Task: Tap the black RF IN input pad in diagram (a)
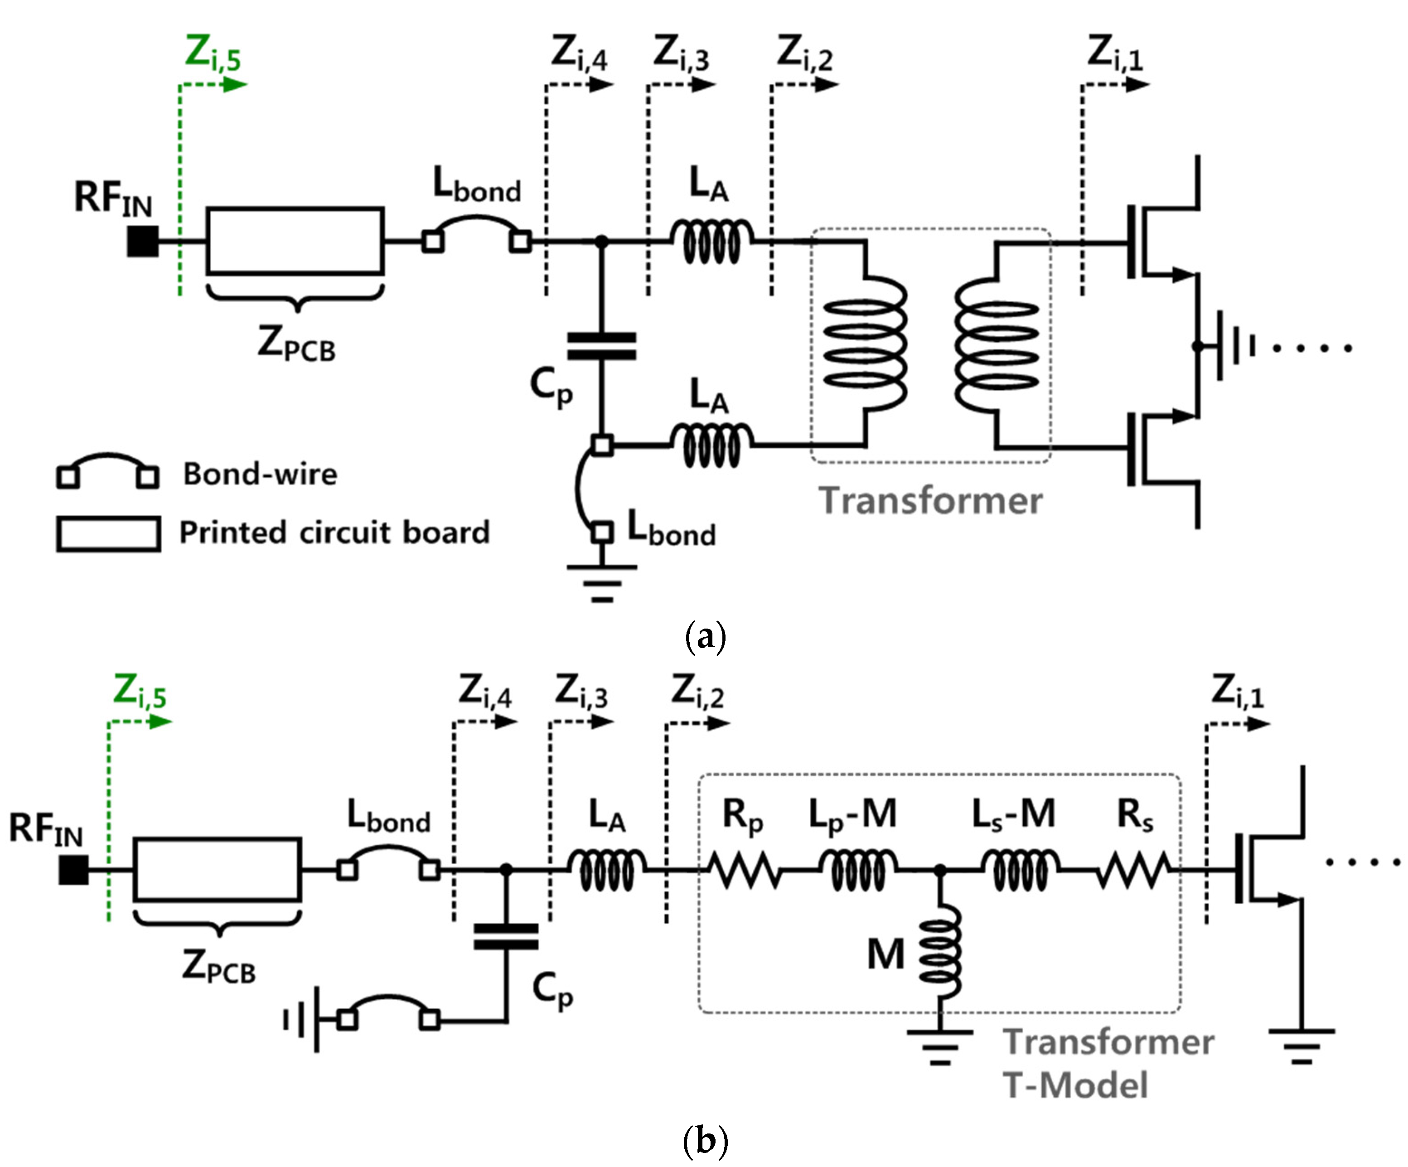[143, 241]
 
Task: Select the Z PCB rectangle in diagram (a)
[295, 241]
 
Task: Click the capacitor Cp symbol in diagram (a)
[601, 346]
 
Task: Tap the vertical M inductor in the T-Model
[940, 952]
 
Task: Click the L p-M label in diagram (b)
[852, 815]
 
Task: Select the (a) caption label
[705, 635]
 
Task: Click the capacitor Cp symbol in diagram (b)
[506, 936]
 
